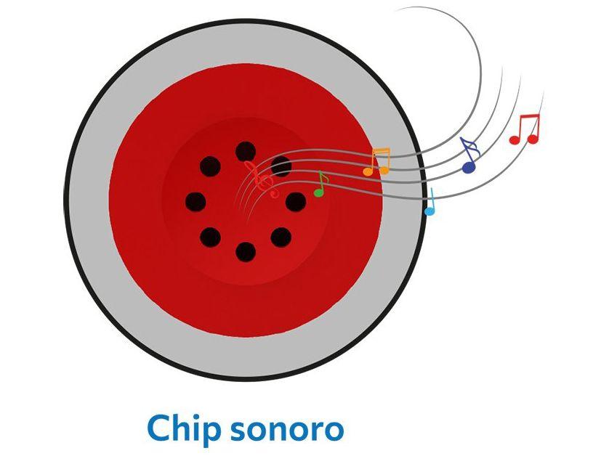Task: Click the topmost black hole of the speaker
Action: [x=246, y=151]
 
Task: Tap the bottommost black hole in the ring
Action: [x=246, y=251]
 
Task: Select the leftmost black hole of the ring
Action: [x=195, y=201]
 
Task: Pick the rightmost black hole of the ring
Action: [x=296, y=201]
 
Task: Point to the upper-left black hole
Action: [x=210, y=166]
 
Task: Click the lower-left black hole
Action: [x=210, y=237]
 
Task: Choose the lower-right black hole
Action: [x=281, y=237]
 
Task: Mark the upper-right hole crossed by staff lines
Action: [x=281, y=166]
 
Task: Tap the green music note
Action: [x=320, y=185]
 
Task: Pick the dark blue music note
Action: [x=470, y=156]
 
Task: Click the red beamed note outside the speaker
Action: [x=525, y=129]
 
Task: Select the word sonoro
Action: [x=286, y=430]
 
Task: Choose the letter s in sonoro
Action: [x=237, y=431]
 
